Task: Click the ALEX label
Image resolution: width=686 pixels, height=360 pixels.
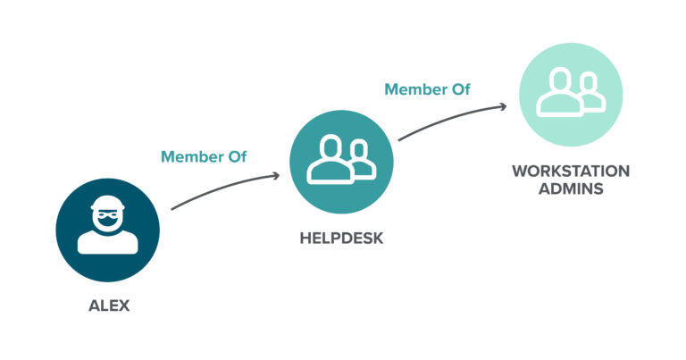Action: coord(108,306)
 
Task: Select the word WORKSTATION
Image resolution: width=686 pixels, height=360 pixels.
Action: coord(570,170)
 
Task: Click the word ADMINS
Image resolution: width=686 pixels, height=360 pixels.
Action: coord(570,189)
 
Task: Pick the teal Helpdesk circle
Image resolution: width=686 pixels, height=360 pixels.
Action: coord(340,161)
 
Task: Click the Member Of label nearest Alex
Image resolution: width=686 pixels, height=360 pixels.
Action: coord(204,157)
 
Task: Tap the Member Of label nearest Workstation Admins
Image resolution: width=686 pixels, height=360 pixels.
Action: coord(427,89)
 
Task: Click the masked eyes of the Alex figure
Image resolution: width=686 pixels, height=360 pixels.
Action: coord(107,215)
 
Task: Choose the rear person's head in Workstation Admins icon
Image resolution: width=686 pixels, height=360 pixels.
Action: coord(587,81)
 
